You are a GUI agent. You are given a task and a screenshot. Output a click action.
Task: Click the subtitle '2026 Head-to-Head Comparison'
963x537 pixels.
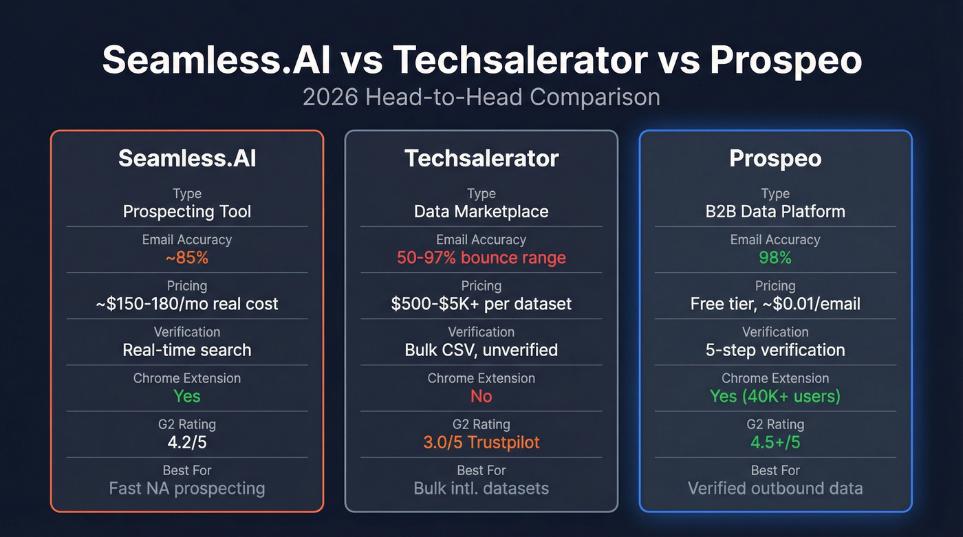tap(481, 96)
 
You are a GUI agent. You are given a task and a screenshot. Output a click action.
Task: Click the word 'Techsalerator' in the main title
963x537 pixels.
tap(519, 60)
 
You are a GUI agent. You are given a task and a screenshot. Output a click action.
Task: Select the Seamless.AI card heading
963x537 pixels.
tap(187, 158)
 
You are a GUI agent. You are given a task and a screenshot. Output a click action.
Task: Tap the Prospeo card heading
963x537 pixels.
tap(775, 158)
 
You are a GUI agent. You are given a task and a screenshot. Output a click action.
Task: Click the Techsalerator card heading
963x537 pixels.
tap(481, 158)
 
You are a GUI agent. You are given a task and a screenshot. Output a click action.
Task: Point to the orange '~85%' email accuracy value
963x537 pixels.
tap(187, 258)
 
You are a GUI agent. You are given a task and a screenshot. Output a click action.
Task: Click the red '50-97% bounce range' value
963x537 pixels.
tap(481, 258)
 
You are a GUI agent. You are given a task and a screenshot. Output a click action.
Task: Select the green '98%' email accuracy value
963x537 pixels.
tap(775, 258)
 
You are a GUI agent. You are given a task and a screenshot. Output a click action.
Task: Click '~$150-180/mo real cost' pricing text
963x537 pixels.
tap(187, 304)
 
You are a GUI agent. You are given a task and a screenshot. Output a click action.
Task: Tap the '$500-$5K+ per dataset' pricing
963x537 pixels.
tap(481, 304)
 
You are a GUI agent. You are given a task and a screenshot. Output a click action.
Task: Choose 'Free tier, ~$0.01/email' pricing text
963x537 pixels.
tap(775, 304)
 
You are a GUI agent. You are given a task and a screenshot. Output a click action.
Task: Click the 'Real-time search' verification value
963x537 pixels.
tap(187, 350)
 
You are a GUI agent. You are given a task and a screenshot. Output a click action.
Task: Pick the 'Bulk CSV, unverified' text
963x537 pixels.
tap(481, 350)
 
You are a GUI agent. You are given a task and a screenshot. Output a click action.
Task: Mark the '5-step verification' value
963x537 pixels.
tap(775, 350)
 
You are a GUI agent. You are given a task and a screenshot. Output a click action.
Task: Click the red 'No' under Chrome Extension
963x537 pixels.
tap(481, 396)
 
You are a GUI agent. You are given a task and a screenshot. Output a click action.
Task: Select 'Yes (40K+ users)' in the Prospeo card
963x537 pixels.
tap(775, 396)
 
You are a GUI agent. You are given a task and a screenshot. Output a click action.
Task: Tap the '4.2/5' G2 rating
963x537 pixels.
tap(187, 442)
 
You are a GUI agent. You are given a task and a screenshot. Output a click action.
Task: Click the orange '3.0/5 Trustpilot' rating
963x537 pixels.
tap(481, 442)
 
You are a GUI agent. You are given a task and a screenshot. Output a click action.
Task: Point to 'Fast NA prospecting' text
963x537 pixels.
tap(187, 488)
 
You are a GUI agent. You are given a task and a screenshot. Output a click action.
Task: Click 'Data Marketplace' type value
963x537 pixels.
tap(481, 211)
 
